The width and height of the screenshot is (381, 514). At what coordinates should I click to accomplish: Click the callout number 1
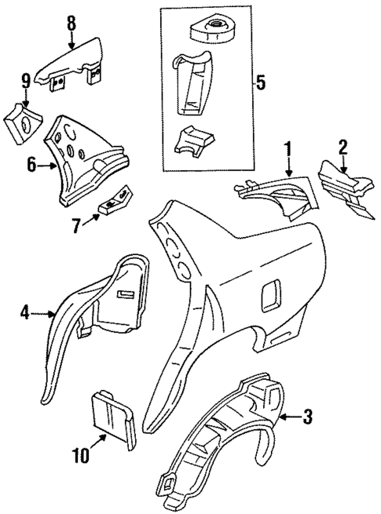coord(288,148)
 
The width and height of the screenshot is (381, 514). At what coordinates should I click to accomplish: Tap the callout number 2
coord(343,147)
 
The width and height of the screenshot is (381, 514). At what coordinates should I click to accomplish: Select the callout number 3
coord(308,417)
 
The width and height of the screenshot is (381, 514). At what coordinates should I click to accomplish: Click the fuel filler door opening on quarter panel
coord(270,294)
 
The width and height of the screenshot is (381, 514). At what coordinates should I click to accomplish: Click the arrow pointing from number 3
coord(289,417)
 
